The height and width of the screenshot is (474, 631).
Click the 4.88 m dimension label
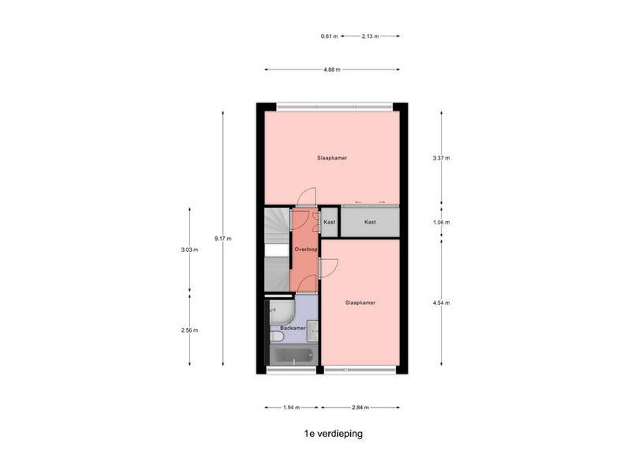332,70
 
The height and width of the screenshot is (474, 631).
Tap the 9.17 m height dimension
223,239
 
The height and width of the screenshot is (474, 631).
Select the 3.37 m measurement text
442,158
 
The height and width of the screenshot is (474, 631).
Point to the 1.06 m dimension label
442,222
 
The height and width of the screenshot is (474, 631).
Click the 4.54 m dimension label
442,303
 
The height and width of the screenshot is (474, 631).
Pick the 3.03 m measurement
189,250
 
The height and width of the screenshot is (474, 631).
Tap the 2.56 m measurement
189,330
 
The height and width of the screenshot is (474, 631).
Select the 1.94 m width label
291,407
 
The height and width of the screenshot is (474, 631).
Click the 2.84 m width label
360,407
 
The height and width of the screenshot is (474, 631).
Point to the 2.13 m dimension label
370,36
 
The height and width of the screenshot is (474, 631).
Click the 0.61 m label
329,36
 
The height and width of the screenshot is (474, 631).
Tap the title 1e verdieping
333,434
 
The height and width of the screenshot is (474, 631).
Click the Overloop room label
306,249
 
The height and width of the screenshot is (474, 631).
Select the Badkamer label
293,328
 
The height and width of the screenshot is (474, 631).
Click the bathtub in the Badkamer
293,355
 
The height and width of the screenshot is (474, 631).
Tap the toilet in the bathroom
277,337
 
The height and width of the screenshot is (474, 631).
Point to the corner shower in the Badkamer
282,312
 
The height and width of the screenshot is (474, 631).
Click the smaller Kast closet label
329,222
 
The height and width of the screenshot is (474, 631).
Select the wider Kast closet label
370,222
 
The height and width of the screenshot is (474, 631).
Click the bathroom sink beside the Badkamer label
312,331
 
